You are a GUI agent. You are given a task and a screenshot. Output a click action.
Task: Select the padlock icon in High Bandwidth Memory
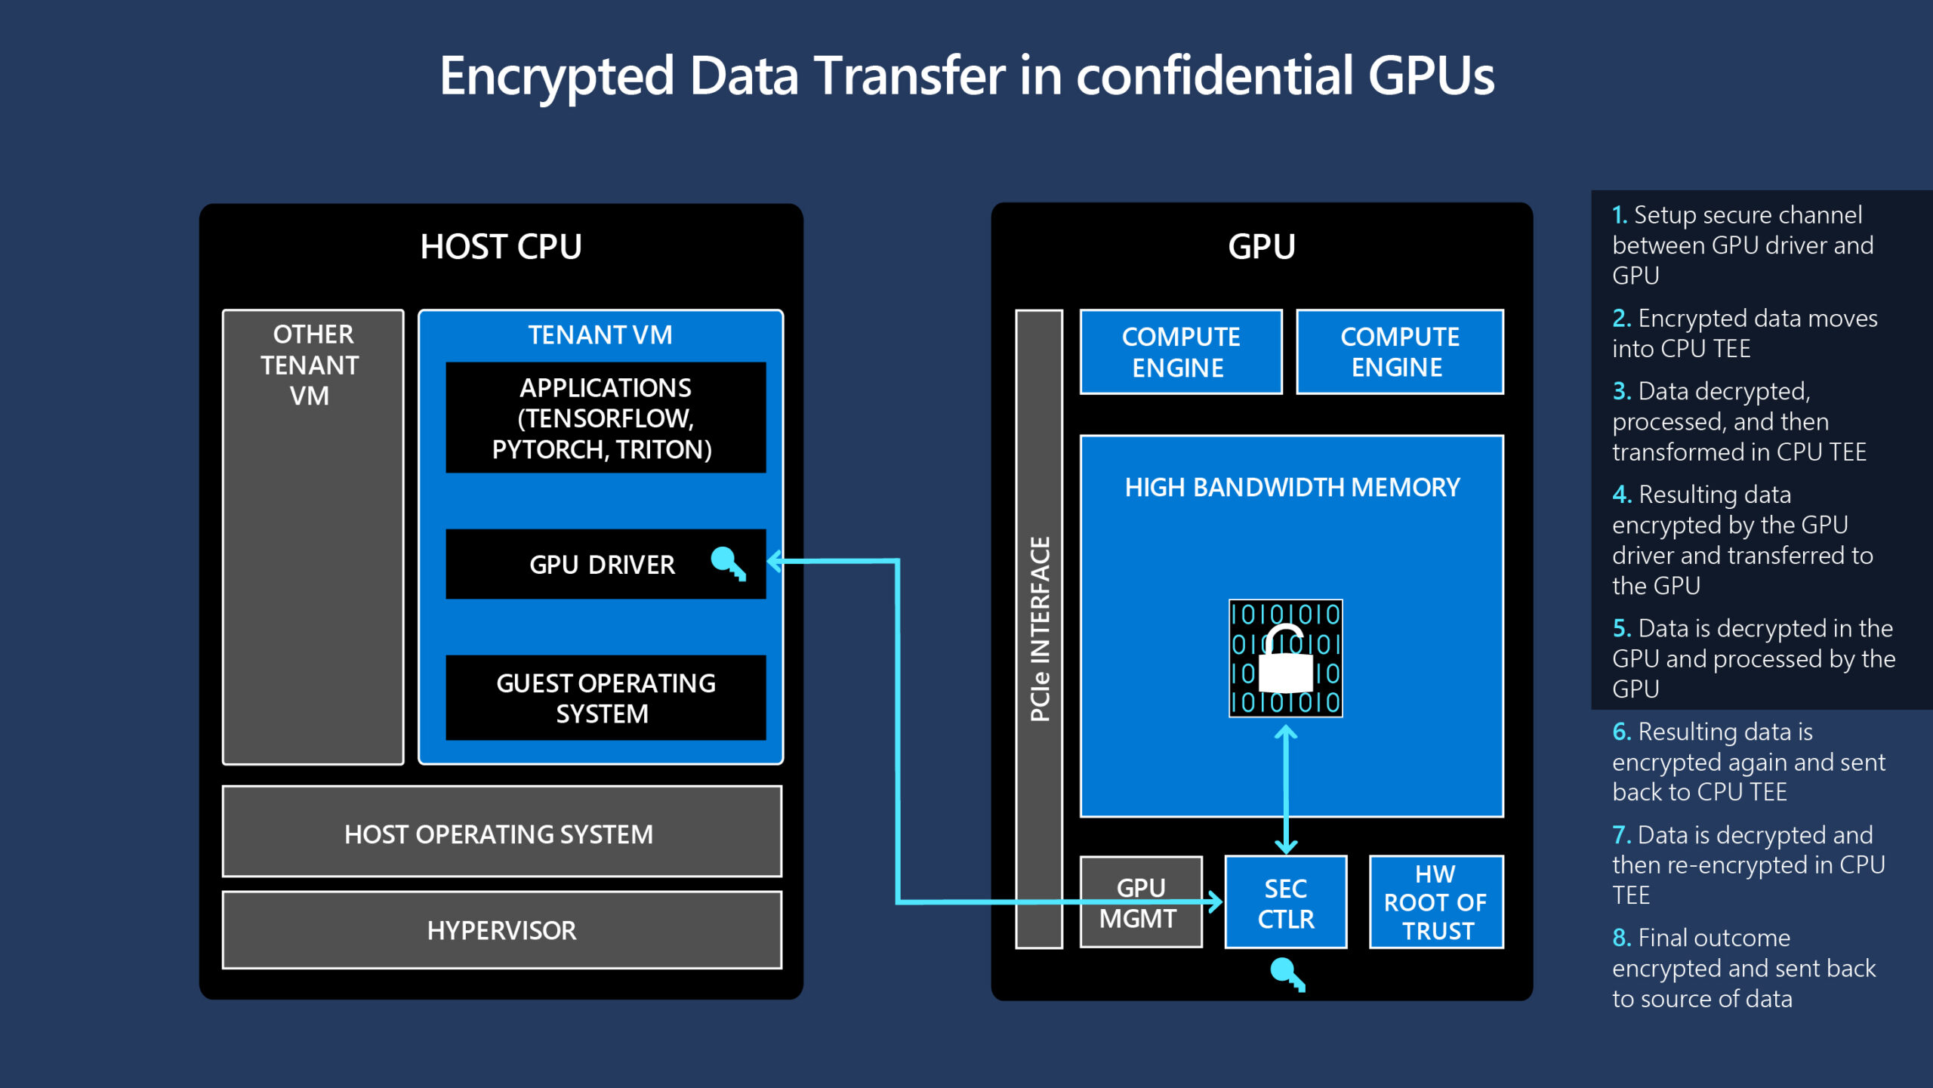(1285, 658)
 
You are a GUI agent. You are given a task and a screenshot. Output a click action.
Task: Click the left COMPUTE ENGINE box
(1181, 352)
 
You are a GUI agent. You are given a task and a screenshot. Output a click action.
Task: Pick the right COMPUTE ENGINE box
(1399, 352)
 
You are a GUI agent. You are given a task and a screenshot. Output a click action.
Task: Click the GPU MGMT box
(1140, 902)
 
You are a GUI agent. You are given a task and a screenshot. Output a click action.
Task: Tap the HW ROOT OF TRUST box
(1435, 902)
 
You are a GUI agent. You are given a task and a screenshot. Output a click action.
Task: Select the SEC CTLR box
(1285, 902)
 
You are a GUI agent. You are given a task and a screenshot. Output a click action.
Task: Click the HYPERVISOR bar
(501, 930)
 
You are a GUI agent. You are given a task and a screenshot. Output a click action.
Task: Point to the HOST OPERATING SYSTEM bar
(501, 834)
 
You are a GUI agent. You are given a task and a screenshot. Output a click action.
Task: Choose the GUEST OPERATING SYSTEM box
(606, 698)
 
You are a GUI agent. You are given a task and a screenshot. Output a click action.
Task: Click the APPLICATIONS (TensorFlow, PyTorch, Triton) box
(606, 418)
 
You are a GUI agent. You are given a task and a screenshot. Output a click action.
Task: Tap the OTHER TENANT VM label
(312, 365)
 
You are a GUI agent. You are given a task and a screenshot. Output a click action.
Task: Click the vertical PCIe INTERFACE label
(1039, 628)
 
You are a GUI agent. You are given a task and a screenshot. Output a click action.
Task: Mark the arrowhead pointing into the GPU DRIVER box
(775, 561)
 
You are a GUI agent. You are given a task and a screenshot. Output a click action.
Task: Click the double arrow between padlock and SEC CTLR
(1286, 789)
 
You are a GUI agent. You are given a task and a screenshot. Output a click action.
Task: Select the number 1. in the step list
(1620, 215)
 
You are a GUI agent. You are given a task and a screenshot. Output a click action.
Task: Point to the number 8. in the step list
(1621, 938)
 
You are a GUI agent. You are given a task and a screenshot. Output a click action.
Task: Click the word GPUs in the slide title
(1430, 76)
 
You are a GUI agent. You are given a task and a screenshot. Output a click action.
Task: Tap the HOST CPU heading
(501, 247)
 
